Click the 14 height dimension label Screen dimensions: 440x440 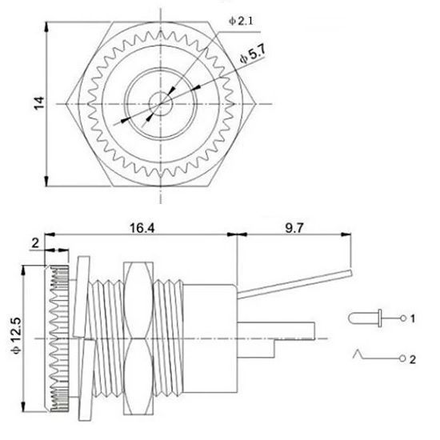click(x=39, y=103)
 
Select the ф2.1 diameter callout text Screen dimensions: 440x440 click(x=241, y=21)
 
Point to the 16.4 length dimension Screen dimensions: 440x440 click(x=142, y=228)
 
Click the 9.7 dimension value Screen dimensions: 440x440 click(x=294, y=228)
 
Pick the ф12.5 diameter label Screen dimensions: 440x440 click(x=16, y=336)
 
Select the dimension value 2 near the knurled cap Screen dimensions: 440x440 click(x=35, y=243)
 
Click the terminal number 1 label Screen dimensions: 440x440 click(x=413, y=318)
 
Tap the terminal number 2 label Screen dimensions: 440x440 click(x=413, y=359)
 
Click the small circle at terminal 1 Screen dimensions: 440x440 click(x=403, y=318)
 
